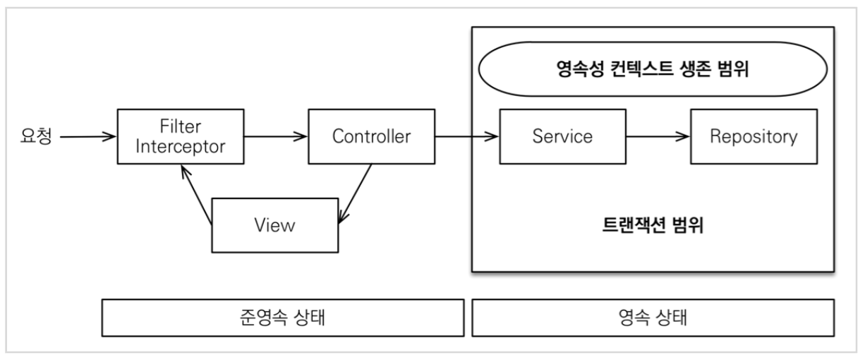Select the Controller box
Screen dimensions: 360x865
point(370,136)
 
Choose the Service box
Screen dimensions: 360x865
point(562,136)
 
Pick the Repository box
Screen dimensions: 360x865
point(754,136)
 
